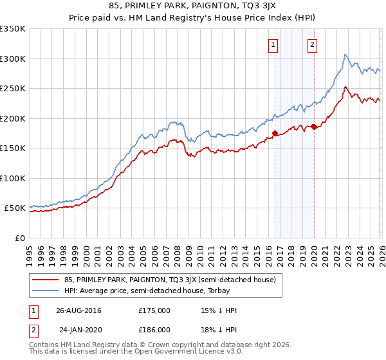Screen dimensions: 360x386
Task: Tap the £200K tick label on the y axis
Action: pos(13,118)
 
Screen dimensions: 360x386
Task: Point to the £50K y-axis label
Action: pos(15,208)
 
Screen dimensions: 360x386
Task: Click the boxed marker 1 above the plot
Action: pos(273,44)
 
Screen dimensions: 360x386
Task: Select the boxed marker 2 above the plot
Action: pos(312,44)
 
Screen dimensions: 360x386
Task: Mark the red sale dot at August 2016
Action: pos(275,134)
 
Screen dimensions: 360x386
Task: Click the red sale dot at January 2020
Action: pos(314,127)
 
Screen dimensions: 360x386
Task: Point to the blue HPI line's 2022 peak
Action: pos(345,55)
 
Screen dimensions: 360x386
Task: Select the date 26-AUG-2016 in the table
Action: pos(79,310)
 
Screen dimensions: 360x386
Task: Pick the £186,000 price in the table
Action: pos(154,329)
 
